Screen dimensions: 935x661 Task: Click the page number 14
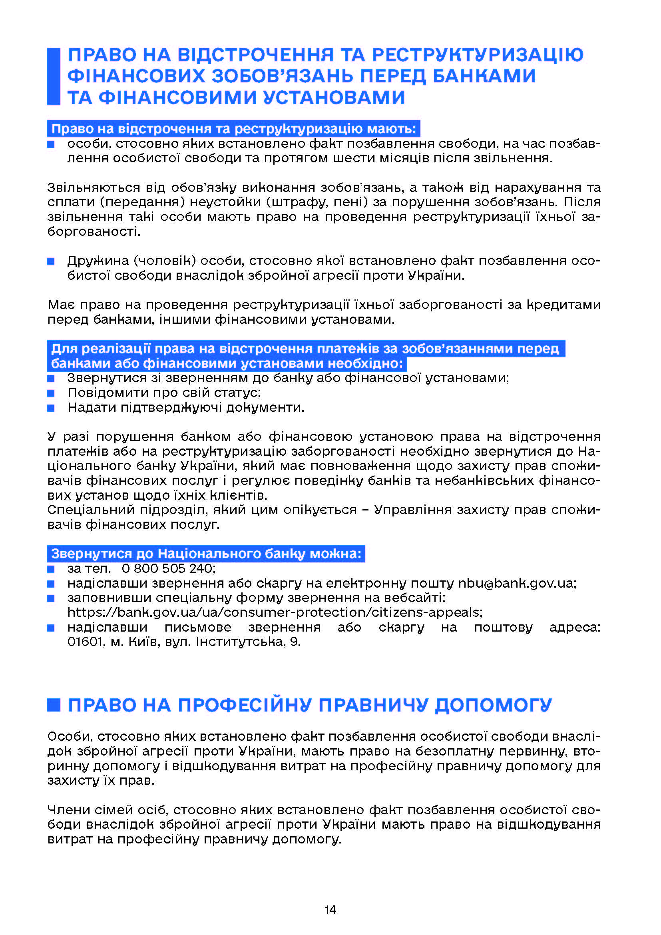[330, 909]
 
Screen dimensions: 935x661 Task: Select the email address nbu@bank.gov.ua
[516, 583]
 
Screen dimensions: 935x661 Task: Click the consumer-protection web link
[275, 612]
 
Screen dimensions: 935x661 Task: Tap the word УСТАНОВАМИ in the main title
[334, 97]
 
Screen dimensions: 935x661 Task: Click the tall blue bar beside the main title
[54, 76]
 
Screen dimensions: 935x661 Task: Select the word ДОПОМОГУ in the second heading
[493, 705]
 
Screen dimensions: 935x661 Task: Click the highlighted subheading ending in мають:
[234, 129]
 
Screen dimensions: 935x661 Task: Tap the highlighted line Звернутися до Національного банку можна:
[206, 553]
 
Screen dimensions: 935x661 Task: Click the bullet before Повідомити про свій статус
[51, 393]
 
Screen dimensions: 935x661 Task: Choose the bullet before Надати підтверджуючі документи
[51, 408]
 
